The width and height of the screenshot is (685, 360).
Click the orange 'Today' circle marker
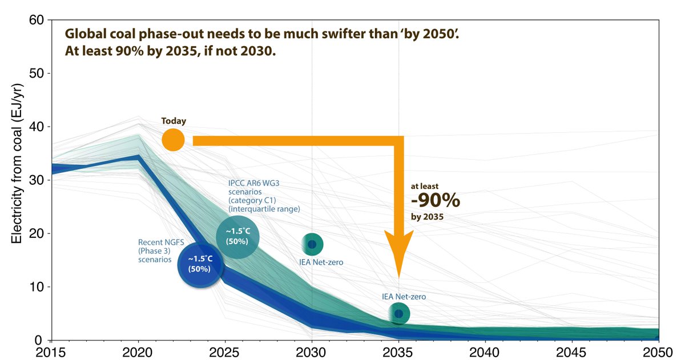[x=173, y=140]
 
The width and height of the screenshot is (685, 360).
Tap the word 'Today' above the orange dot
[x=174, y=121]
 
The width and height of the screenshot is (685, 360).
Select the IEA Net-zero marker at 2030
[x=312, y=244]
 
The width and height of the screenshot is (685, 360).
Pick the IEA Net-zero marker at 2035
[x=398, y=313]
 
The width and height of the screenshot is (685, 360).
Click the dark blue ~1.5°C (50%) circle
[x=199, y=264]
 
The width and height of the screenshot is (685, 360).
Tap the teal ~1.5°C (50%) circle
[x=237, y=236]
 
